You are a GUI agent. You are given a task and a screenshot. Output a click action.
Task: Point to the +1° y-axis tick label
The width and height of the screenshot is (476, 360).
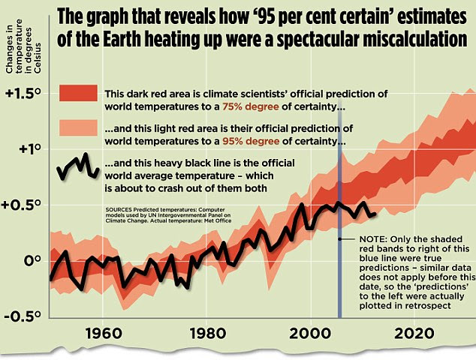click(24, 148)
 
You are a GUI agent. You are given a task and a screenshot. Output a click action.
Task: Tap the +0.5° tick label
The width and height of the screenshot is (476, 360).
click(27, 205)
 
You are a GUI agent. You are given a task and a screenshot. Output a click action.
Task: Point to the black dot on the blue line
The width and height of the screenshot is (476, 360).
click(340, 239)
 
